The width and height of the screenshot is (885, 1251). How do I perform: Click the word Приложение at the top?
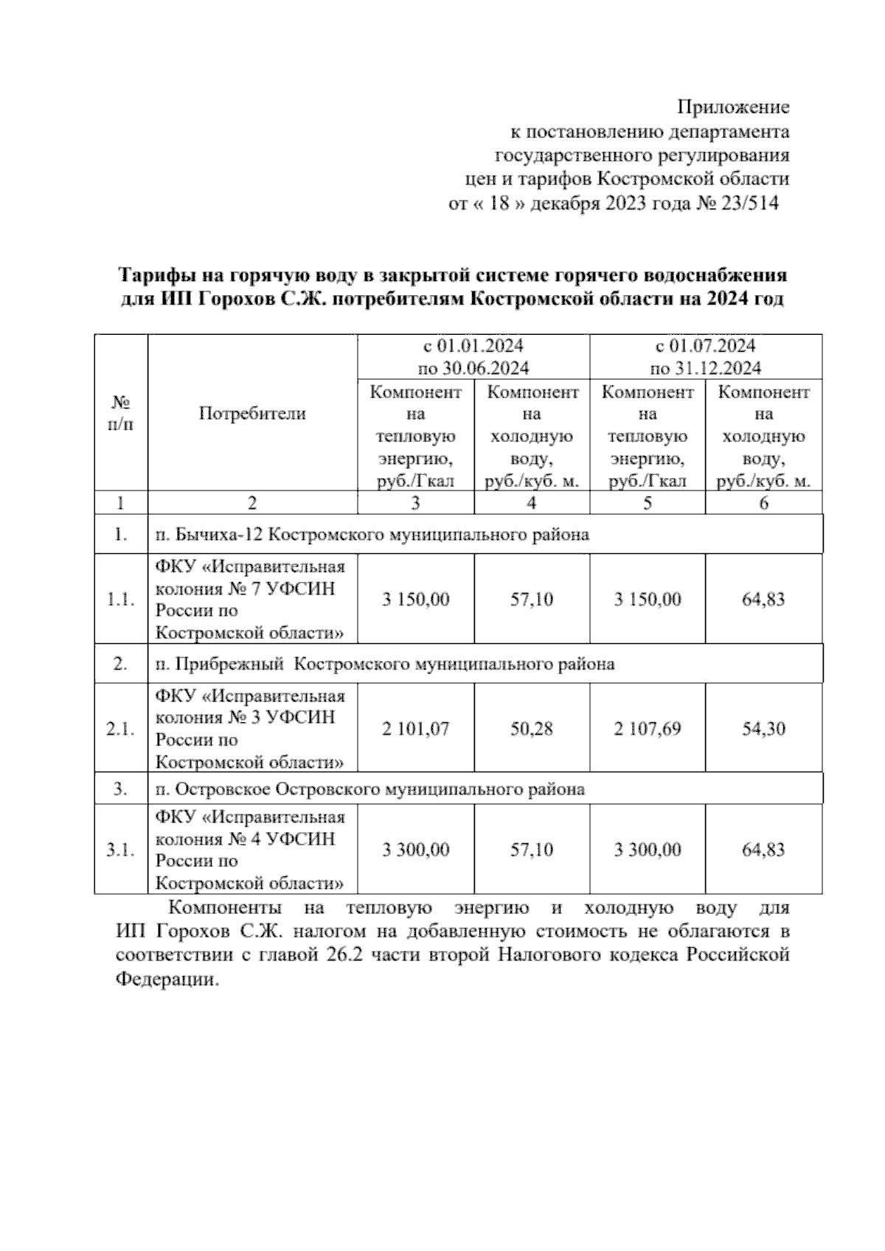(x=733, y=108)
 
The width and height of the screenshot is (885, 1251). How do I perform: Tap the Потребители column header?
(x=252, y=414)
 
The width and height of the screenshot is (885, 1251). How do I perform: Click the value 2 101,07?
(x=415, y=729)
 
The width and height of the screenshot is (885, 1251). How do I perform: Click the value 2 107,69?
(x=647, y=729)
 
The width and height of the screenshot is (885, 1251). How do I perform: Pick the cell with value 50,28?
(x=532, y=729)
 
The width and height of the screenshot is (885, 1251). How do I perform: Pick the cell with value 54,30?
(x=763, y=729)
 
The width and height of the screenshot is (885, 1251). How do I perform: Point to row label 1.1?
(x=121, y=600)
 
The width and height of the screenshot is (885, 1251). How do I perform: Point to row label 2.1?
(x=121, y=729)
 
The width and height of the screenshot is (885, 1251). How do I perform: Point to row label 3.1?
(x=121, y=850)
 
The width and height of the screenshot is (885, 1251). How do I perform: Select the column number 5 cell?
(x=647, y=504)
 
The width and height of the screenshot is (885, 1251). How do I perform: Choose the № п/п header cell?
(x=121, y=414)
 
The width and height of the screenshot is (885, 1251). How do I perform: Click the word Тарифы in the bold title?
(x=155, y=276)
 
